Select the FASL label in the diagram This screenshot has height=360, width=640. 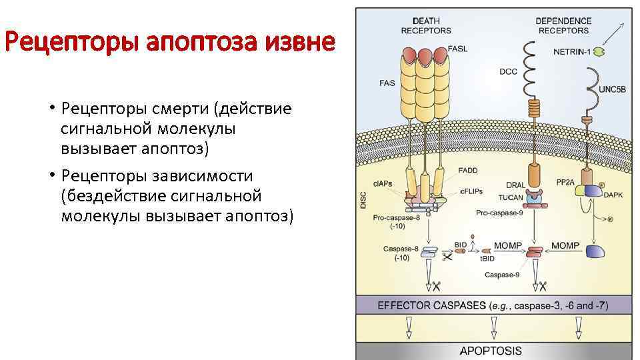tap(457, 49)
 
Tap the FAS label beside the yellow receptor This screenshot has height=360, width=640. tap(387, 84)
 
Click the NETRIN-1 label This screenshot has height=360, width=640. tap(571, 51)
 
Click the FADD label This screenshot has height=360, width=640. tap(467, 171)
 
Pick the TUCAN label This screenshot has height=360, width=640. tap(510, 197)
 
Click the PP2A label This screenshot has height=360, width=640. tap(566, 181)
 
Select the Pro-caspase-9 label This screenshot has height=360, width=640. tap(500, 213)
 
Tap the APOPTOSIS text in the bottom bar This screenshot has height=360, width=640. tap(491, 351)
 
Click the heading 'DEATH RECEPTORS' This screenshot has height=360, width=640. tap(426, 26)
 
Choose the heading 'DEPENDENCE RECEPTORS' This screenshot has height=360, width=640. tap(563, 26)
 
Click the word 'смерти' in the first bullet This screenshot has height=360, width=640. tap(179, 109)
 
